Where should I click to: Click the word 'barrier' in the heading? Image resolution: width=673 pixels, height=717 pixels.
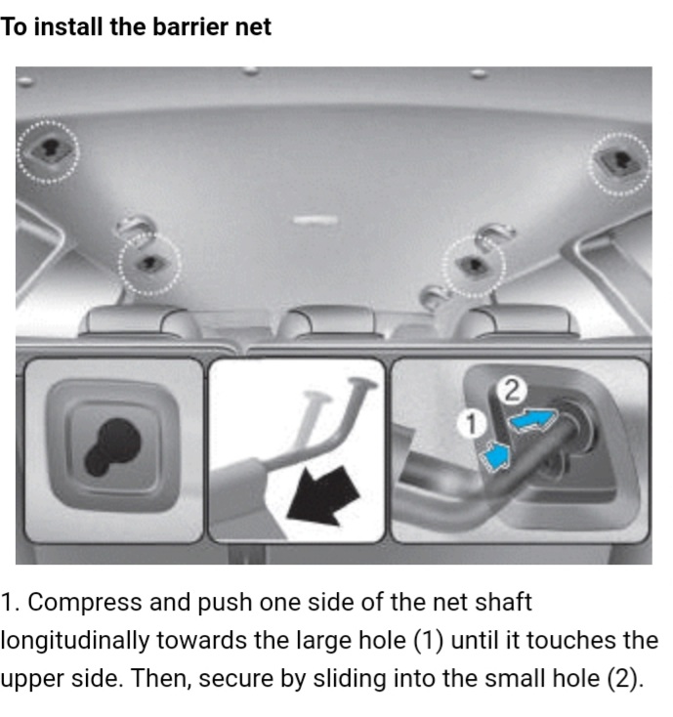190,26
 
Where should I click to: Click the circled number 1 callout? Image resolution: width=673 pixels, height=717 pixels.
472,423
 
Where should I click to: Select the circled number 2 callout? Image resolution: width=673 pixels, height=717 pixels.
512,392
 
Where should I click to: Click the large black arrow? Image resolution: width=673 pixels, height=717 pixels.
323,495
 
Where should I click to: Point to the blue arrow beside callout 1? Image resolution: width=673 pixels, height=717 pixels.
495,455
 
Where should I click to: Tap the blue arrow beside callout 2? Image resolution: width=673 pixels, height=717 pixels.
533,419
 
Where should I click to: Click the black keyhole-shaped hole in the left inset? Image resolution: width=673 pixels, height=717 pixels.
112,446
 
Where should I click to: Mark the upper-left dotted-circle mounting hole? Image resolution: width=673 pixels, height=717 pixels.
48,150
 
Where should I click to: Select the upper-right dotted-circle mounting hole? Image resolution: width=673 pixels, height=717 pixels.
619,164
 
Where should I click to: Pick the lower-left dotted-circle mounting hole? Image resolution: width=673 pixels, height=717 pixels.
149,264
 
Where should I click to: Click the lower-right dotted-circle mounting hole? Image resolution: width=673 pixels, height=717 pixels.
474,266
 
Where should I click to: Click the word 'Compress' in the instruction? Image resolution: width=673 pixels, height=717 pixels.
85,603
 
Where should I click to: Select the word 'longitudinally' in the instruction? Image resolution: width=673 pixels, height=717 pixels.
74,641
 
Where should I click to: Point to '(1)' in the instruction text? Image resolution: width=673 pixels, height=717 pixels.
429,641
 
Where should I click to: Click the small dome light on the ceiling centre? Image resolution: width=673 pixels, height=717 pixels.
315,221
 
